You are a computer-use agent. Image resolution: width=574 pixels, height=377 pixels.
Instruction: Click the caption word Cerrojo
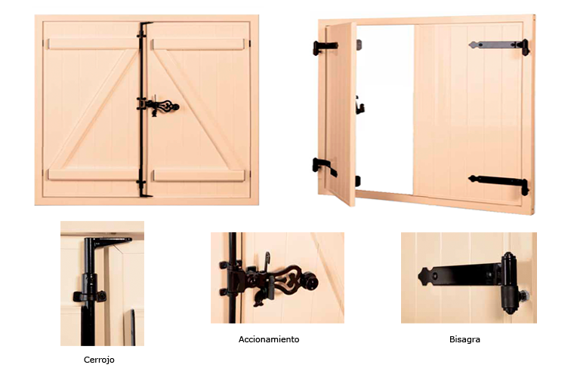(x=99, y=360)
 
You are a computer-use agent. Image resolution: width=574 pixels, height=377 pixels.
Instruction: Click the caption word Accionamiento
(x=269, y=339)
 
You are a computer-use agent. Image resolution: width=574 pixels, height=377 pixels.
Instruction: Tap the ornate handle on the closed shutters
(x=161, y=106)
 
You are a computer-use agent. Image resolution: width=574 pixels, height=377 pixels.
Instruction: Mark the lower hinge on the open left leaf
(x=325, y=167)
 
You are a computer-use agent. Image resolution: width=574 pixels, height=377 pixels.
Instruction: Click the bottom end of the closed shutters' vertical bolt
(x=143, y=192)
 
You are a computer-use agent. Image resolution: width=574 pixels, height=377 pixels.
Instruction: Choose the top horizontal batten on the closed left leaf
(x=90, y=44)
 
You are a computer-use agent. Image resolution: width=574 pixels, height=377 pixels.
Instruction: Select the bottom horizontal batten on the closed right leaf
(x=198, y=175)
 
